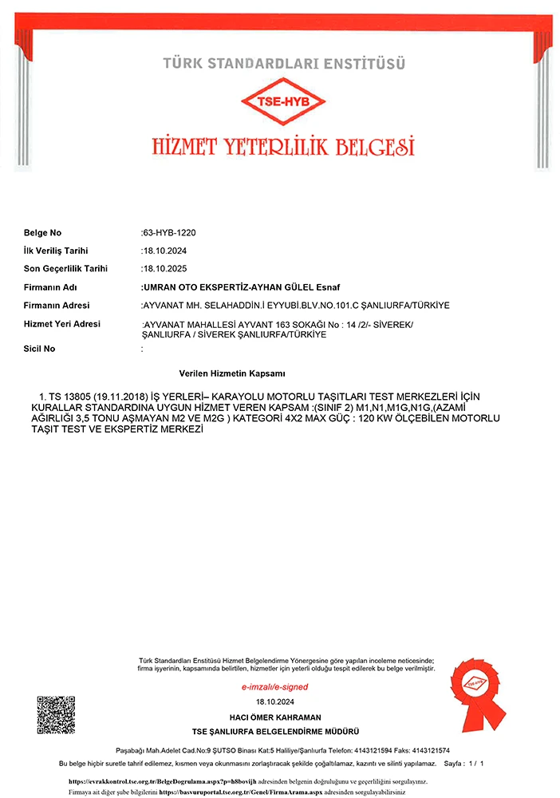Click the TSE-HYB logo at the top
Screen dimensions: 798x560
[x=284, y=102]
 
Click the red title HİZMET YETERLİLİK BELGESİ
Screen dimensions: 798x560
[x=284, y=147]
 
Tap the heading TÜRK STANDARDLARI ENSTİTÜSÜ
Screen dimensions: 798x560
[x=284, y=62]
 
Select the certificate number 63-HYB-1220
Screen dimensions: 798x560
[x=168, y=233]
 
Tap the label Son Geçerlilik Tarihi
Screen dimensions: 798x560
[x=65, y=269]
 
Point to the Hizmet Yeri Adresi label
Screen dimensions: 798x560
[x=61, y=324]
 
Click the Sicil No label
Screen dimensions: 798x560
[x=39, y=349]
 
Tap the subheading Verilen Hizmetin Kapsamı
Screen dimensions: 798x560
[x=232, y=373]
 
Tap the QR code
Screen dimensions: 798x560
[x=56, y=715]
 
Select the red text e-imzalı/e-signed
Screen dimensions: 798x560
[x=274, y=687]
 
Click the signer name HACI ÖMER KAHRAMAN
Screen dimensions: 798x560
[x=275, y=717]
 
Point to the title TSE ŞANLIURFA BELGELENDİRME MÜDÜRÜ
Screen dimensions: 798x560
[x=275, y=732]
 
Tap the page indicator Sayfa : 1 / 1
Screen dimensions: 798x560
[x=463, y=764]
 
